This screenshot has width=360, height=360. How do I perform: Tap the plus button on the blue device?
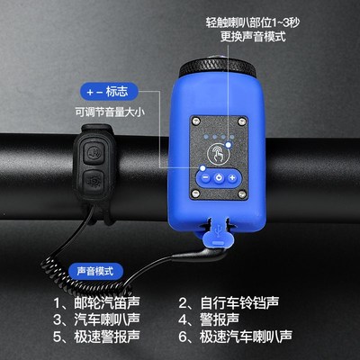tap(233, 177)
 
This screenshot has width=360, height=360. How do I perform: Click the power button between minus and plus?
tap(219, 177)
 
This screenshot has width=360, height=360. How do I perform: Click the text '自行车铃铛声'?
tap(242, 302)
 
